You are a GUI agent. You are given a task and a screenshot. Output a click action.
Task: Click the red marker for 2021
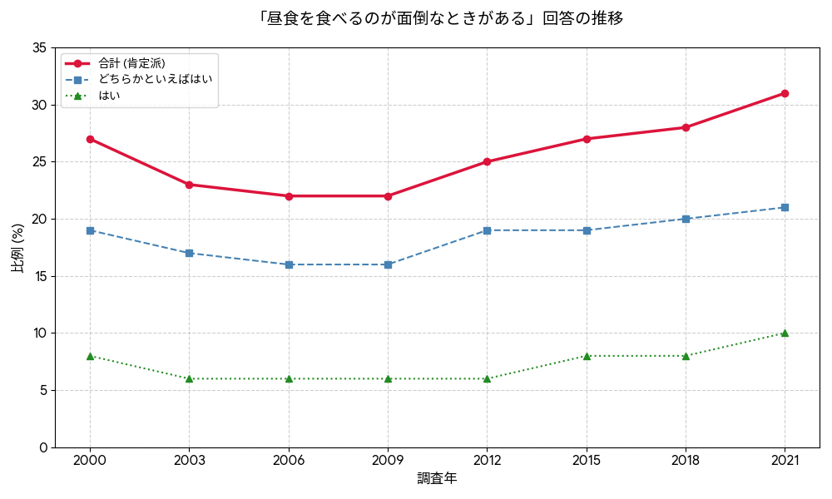click(x=785, y=93)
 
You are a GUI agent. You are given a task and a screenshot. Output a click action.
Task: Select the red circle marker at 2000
click(x=90, y=139)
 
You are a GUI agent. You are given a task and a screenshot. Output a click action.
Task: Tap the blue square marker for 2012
click(x=487, y=230)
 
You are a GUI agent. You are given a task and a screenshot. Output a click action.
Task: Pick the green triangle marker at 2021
click(x=785, y=333)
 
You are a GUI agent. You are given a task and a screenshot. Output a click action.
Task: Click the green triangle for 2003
click(x=189, y=378)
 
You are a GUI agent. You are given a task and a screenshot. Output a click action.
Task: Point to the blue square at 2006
click(x=289, y=264)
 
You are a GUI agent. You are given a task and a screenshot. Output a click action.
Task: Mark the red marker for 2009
click(x=388, y=196)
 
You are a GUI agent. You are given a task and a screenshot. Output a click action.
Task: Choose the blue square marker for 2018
click(x=686, y=219)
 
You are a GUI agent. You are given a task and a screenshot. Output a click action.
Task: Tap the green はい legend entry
click(x=109, y=96)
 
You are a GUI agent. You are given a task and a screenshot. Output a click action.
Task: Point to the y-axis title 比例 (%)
click(x=17, y=248)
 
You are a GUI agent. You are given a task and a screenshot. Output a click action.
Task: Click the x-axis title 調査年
click(x=437, y=479)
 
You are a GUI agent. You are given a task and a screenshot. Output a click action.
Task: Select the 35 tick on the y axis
click(x=38, y=48)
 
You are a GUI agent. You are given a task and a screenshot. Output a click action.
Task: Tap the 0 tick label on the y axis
click(x=42, y=447)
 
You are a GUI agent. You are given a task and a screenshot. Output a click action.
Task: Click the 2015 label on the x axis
click(x=587, y=461)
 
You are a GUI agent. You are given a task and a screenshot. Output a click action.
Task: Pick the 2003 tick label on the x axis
click(x=189, y=461)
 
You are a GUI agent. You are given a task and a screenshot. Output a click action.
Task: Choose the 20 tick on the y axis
click(x=38, y=219)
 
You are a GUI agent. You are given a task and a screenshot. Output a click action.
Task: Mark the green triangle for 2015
click(x=587, y=356)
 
